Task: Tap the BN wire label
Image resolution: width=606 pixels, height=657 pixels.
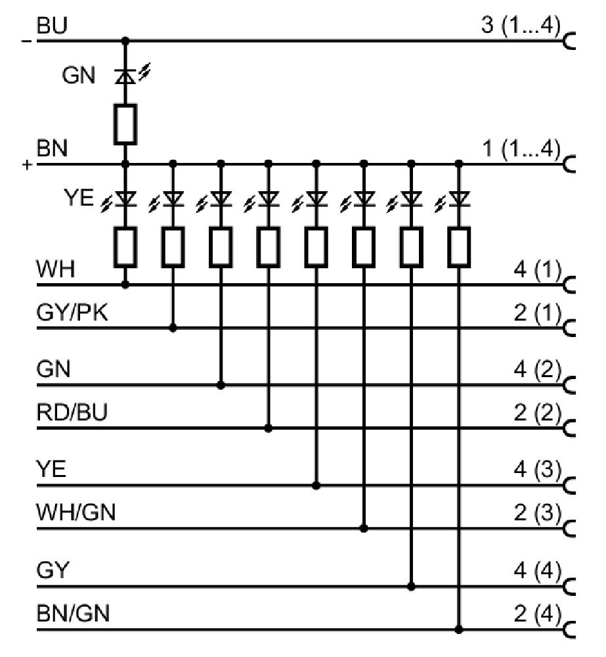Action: (52, 148)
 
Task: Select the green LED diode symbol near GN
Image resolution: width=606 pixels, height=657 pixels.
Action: (125, 76)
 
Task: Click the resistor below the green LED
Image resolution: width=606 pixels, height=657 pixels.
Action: (125, 124)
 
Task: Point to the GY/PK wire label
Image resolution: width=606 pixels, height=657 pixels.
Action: (72, 312)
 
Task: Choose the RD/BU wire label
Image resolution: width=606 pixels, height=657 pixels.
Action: (72, 413)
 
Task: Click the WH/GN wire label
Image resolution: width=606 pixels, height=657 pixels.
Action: (76, 512)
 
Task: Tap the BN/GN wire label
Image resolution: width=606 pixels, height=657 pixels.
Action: (74, 614)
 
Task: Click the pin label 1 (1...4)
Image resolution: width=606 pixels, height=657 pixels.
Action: (521, 148)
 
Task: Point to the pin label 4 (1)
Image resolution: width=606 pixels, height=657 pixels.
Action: (537, 269)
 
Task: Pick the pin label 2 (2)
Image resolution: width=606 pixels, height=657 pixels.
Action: (537, 413)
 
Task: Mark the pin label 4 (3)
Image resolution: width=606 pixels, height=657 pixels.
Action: (537, 470)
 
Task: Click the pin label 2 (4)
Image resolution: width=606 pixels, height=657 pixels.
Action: (537, 614)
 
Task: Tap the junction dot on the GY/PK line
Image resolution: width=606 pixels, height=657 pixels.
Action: (173, 328)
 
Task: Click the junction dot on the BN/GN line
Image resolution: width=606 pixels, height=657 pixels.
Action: (459, 629)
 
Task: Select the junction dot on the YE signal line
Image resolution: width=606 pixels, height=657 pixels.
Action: (316, 486)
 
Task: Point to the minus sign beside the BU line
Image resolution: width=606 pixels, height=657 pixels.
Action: (26, 41)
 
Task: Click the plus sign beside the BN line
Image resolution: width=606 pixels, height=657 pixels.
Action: (27, 165)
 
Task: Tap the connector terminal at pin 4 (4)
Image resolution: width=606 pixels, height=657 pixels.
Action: (569, 587)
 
